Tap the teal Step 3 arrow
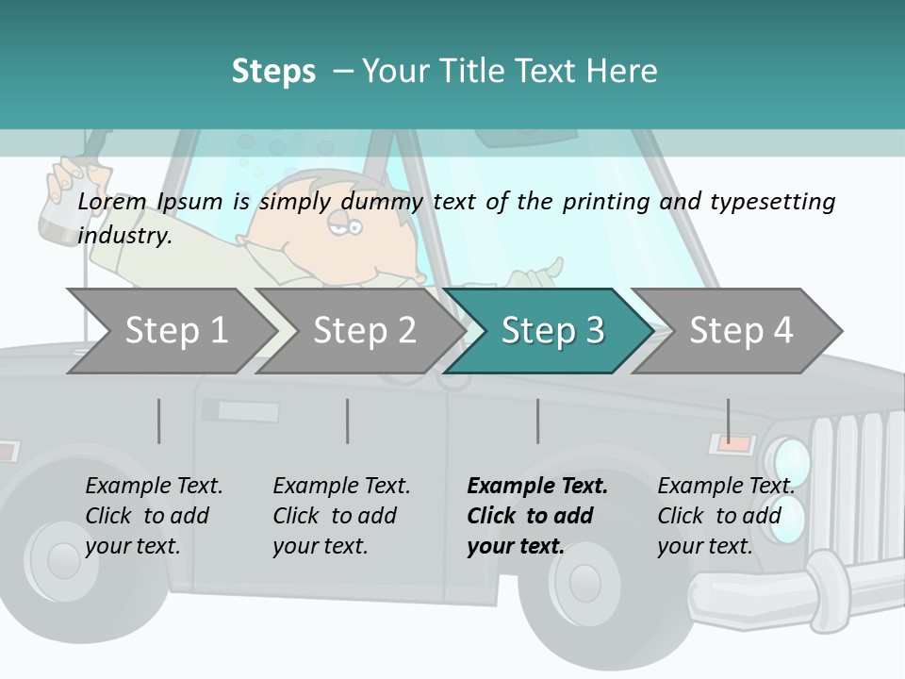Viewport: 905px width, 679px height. [x=551, y=331]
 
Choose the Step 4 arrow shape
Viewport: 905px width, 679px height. [x=740, y=331]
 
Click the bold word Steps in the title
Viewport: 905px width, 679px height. [x=273, y=71]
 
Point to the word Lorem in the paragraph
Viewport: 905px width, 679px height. [x=112, y=201]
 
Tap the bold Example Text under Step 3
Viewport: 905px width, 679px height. [x=537, y=487]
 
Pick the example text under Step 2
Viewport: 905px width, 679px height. [x=340, y=516]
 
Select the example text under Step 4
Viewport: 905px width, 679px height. [x=725, y=516]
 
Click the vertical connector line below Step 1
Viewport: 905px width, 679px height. [x=159, y=421]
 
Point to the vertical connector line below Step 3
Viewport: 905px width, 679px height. [x=538, y=421]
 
